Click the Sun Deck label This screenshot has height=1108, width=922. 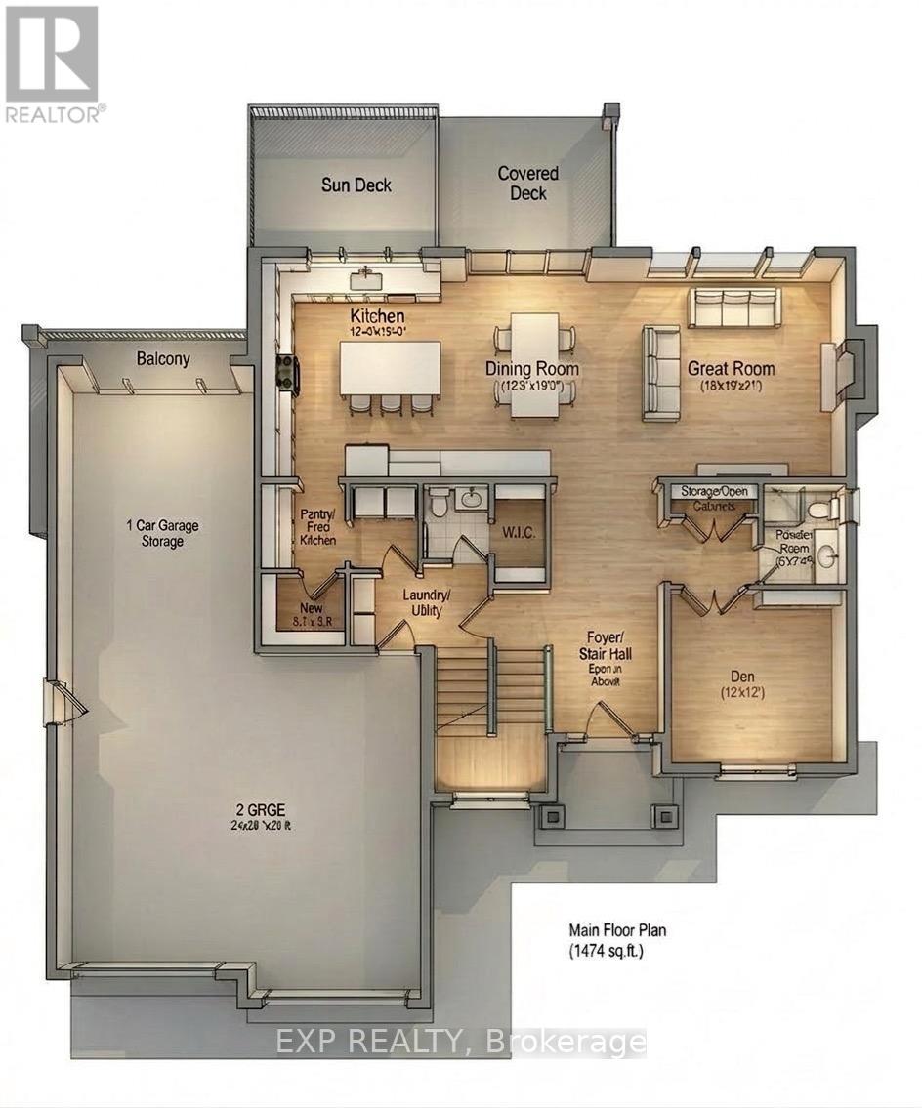(x=356, y=185)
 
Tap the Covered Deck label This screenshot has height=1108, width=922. (x=528, y=183)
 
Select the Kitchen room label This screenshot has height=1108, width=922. (x=377, y=317)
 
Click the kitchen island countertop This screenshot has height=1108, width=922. (x=389, y=366)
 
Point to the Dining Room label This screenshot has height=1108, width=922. (x=532, y=369)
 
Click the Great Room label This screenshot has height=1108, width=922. (x=731, y=368)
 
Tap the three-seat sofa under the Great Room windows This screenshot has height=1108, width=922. (x=733, y=307)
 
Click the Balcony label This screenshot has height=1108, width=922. (x=163, y=359)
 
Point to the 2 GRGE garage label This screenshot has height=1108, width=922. (x=243, y=807)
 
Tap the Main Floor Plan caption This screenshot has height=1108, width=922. (x=617, y=930)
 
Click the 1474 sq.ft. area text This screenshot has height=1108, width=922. (x=606, y=950)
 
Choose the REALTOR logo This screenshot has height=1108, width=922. (x=53, y=62)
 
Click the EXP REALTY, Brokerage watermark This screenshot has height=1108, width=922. (x=460, y=1042)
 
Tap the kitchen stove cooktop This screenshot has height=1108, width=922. (x=287, y=373)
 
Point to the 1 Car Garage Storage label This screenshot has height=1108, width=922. (x=161, y=533)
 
